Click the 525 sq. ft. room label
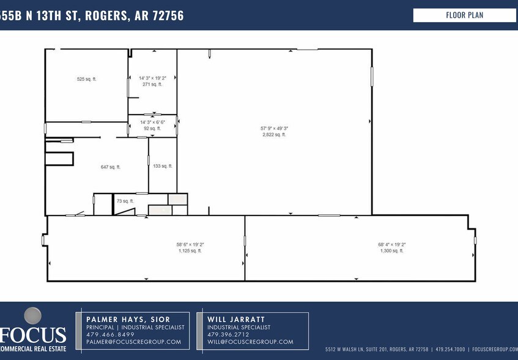[x=86, y=79]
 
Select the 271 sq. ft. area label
[x=152, y=84]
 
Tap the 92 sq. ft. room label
[x=152, y=129]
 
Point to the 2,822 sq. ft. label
[x=274, y=135]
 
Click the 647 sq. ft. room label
[x=110, y=167]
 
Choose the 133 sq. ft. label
[x=163, y=166]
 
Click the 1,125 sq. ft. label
[x=190, y=251]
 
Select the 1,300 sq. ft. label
[x=391, y=251]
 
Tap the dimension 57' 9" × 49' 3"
[x=274, y=128]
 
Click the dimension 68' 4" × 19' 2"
[x=391, y=245]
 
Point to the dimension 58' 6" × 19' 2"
[x=190, y=245]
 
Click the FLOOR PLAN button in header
[x=464, y=15]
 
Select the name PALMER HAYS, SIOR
[x=128, y=319]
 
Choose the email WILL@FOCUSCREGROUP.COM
[x=250, y=342]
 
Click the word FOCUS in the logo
[x=33, y=336]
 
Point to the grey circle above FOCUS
[x=32, y=316]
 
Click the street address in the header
[x=92, y=15]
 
